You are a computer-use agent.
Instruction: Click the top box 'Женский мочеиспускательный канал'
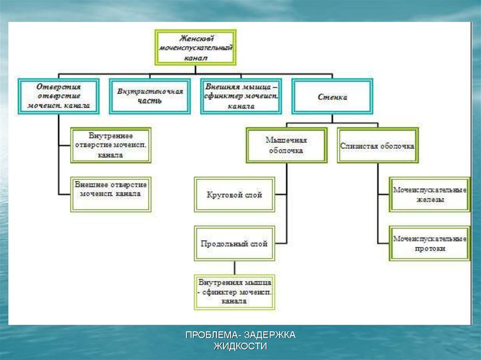pyautogui.click(x=195, y=47)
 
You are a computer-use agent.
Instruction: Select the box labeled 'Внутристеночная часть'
pyautogui.click(x=150, y=96)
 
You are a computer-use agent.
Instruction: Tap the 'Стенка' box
pyautogui.click(x=332, y=97)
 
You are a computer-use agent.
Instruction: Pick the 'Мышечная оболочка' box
pyautogui.click(x=287, y=146)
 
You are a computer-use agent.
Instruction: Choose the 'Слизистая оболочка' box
pyautogui.click(x=377, y=146)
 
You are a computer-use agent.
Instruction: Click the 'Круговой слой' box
pyautogui.click(x=234, y=194)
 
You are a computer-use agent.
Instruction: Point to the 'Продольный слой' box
pyautogui.click(x=234, y=244)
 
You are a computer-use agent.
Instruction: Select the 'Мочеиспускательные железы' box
pyautogui.click(x=429, y=194)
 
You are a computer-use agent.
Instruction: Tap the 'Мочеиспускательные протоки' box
pyautogui.click(x=429, y=244)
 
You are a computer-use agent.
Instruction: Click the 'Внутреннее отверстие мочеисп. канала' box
pyautogui.click(x=111, y=145)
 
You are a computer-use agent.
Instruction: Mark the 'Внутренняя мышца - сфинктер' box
pyautogui.click(x=234, y=292)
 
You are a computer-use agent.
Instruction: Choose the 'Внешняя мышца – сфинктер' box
pyautogui.click(x=241, y=96)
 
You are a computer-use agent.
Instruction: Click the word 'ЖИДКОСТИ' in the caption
pyautogui.click(x=240, y=346)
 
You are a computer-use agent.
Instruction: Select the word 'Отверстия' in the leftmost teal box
pyautogui.click(x=59, y=87)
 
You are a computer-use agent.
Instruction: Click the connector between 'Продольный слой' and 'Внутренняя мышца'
pyautogui.click(x=234, y=268)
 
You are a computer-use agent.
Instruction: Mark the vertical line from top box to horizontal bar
pyautogui.click(x=195, y=69)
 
